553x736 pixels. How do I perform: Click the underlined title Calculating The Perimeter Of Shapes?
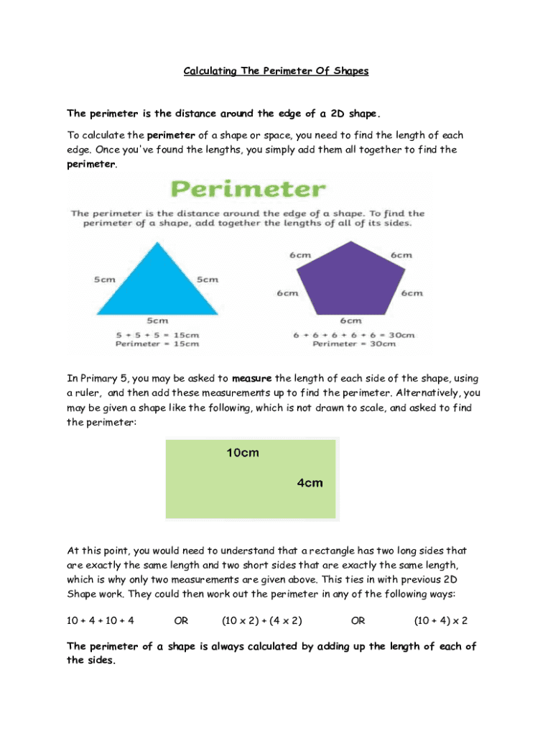[276, 71]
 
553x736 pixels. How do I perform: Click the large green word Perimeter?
[248, 190]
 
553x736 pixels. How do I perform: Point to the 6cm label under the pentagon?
[350, 321]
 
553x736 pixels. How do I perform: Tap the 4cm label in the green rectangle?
[310, 483]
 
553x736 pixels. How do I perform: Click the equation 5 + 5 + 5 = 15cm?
[157, 334]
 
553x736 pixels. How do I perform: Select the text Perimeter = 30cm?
[354, 344]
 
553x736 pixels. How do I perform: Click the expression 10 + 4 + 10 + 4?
[101, 620]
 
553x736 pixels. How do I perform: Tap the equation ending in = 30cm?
[354, 334]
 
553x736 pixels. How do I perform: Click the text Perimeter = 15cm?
[157, 344]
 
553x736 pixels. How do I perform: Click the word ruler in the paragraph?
[87, 393]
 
